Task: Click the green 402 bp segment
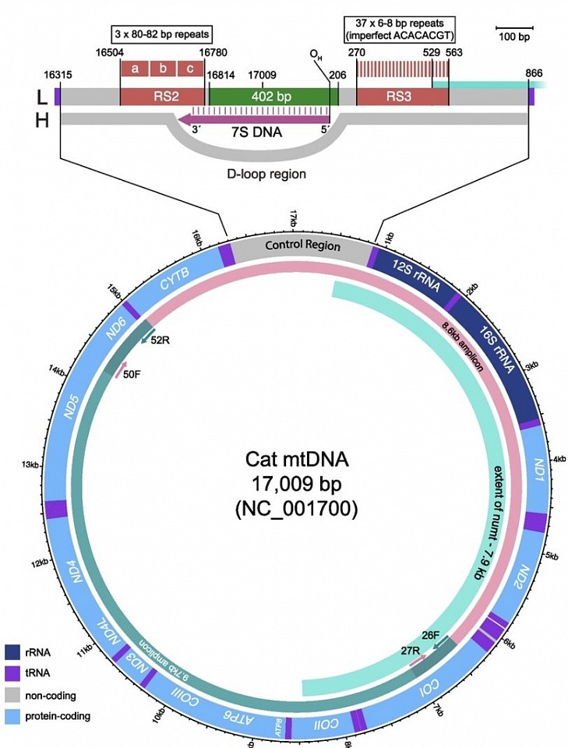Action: (x=269, y=97)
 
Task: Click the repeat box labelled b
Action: (x=164, y=69)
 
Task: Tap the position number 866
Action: (x=534, y=73)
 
